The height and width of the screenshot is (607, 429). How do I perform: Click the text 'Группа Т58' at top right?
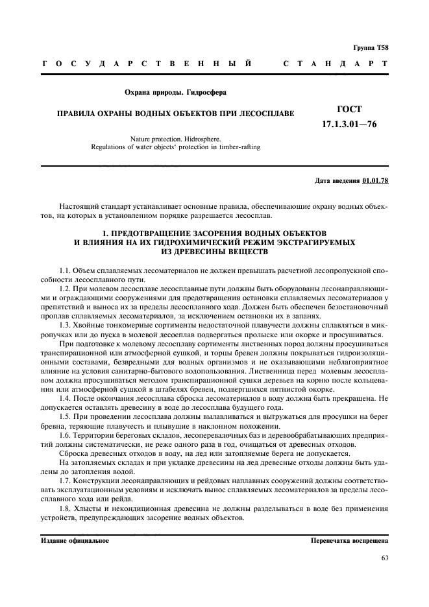click(x=371, y=47)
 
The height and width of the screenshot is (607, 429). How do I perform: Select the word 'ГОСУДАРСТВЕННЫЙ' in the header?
click(x=147, y=64)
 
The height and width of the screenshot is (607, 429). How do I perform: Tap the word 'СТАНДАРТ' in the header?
click(x=336, y=64)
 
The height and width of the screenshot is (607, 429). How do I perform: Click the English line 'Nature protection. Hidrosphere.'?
click(x=175, y=139)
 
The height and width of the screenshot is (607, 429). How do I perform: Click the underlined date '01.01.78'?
click(x=376, y=180)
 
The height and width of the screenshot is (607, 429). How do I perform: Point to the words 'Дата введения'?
click(x=337, y=180)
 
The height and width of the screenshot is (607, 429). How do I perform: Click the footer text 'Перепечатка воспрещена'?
click(x=349, y=540)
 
